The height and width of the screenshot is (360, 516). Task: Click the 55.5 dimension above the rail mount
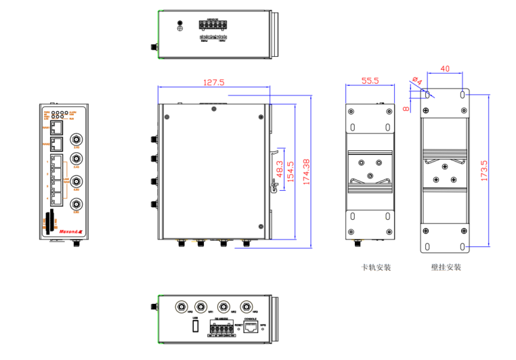pos(369,81)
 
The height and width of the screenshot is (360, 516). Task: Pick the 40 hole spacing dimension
pos(445,68)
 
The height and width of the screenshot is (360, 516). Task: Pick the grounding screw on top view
pos(179,26)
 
